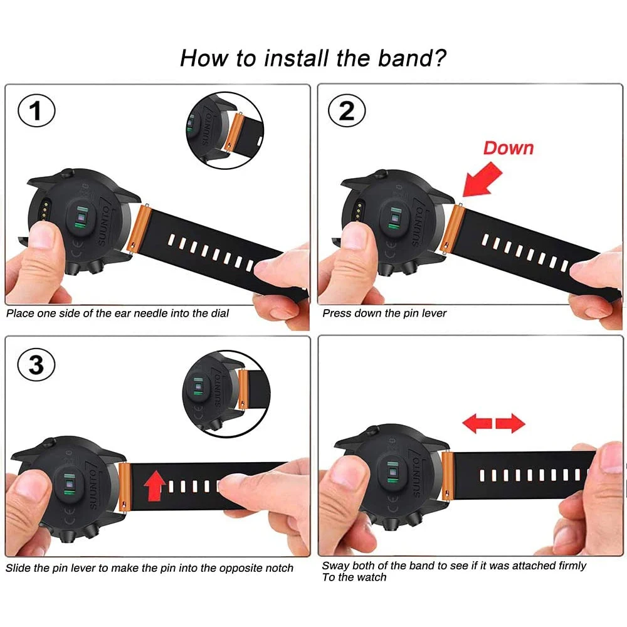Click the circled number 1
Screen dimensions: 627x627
(x=36, y=112)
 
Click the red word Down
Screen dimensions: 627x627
(x=508, y=148)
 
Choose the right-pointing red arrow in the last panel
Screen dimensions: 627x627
(x=510, y=424)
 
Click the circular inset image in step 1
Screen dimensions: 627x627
(x=224, y=130)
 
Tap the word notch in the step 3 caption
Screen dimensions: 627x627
(x=278, y=568)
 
